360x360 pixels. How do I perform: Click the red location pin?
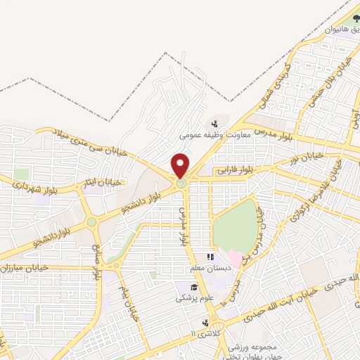click(181, 166)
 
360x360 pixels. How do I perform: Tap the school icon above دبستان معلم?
click(208, 258)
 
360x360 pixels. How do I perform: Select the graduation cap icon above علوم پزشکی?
click(193, 286)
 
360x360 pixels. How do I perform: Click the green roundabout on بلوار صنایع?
click(92, 222)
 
